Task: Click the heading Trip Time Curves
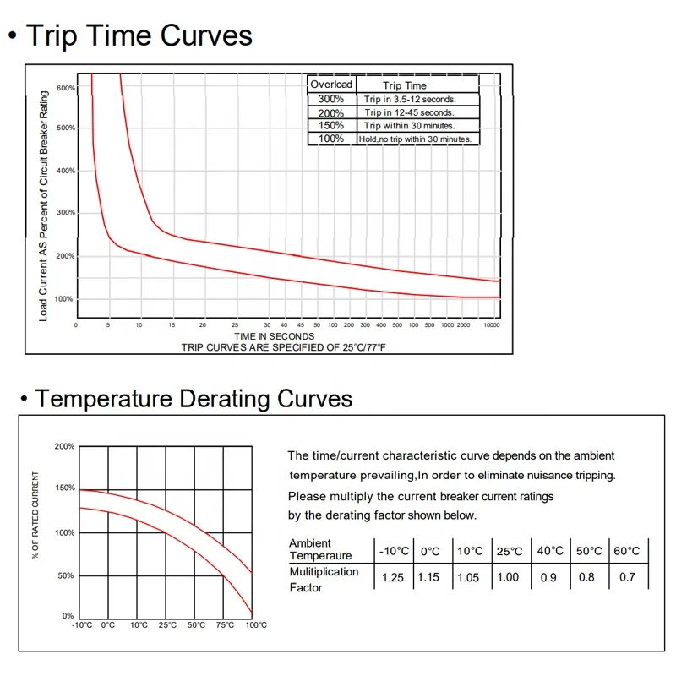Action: coord(139,35)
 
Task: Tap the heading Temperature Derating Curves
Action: coord(194,398)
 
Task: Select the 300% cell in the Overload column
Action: coord(330,99)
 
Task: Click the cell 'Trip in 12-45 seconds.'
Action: coord(409,112)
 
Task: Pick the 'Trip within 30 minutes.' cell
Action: coord(409,125)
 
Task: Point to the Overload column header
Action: coord(331,84)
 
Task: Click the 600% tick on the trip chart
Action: coord(66,88)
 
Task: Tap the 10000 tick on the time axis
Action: coord(491,325)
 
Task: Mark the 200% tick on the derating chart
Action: coord(64,446)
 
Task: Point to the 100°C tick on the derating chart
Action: coord(256,625)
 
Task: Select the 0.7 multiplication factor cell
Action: coord(627,578)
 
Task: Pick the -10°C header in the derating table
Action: coord(394,551)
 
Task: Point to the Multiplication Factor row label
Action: coord(324,579)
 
